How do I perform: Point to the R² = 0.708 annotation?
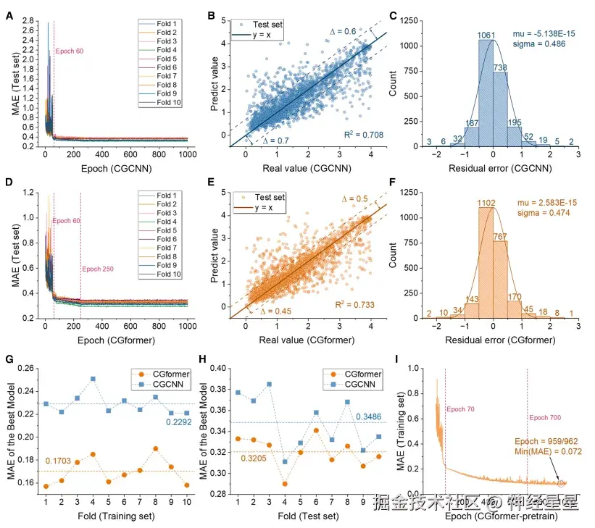364,135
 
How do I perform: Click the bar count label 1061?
487,35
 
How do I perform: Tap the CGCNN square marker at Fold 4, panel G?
93,379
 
